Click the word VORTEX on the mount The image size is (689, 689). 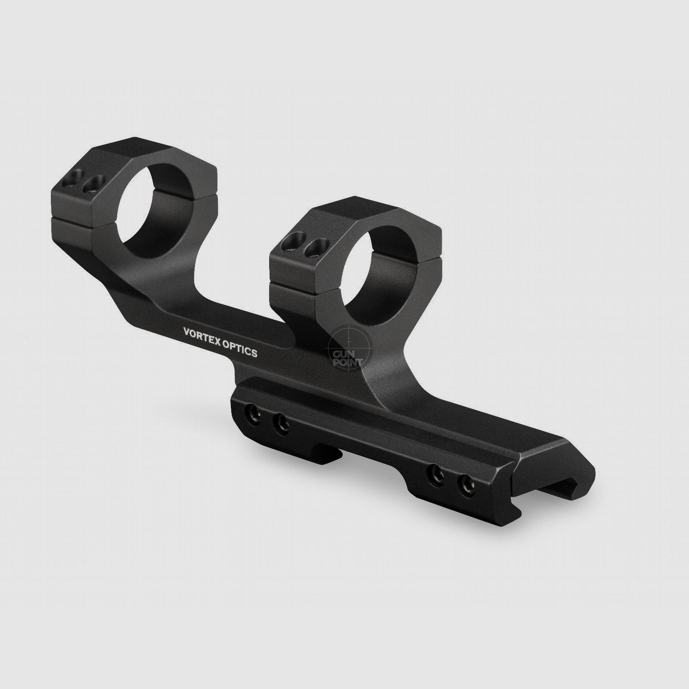pos(202,335)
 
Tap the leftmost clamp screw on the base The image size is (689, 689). pos(252,415)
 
